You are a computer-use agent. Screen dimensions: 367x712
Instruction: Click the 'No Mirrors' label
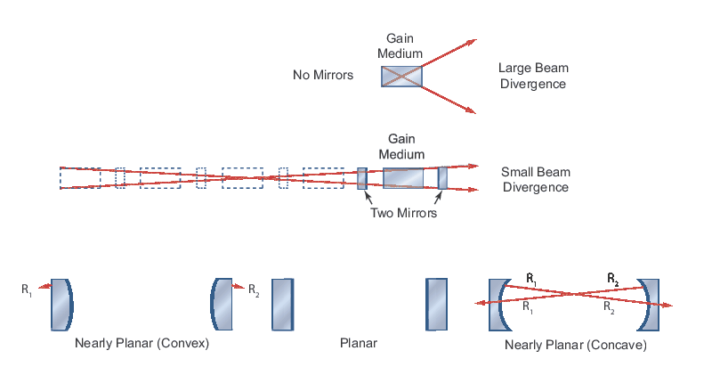coord(323,76)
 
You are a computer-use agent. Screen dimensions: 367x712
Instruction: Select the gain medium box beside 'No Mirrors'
coord(401,76)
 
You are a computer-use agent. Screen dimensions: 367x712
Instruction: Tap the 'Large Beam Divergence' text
coord(532,76)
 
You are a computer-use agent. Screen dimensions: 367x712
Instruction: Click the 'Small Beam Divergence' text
coord(535,180)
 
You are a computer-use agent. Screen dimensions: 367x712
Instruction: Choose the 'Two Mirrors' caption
coord(403,213)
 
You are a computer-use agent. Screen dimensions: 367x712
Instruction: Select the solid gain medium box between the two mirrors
coord(403,178)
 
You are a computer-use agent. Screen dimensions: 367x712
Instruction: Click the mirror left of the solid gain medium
coord(362,178)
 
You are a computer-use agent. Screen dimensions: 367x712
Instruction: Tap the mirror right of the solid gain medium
coord(442,178)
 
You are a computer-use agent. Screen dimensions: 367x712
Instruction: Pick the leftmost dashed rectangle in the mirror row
coord(80,177)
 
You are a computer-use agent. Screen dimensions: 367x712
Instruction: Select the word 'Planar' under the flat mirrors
coord(359,343)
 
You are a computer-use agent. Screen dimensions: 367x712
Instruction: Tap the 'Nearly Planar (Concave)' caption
coord(575,344)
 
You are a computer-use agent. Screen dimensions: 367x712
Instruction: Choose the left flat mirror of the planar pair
coord(282,305)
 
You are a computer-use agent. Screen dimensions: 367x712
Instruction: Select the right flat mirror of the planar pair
coord(436,305)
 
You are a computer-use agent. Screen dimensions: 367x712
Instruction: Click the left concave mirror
coord(498,305)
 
